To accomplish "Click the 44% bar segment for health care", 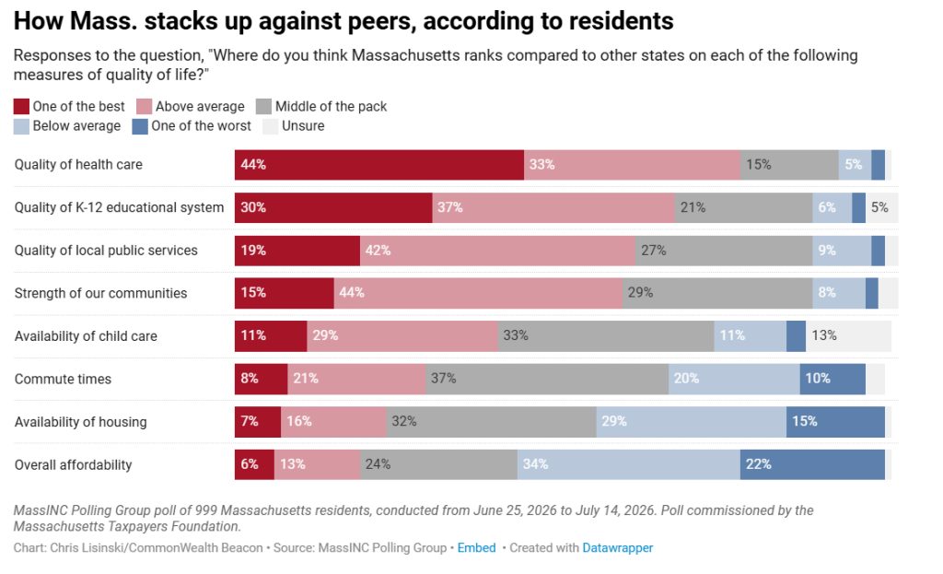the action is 378,165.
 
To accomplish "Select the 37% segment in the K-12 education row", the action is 553,207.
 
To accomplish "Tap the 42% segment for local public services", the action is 497,251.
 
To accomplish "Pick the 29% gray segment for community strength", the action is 717,293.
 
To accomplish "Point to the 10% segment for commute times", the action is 832,379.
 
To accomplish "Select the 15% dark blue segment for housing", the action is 835,422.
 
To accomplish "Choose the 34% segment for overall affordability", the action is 628,464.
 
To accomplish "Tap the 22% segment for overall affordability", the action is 812,464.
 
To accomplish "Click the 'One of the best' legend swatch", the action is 21,107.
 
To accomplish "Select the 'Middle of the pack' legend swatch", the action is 263,107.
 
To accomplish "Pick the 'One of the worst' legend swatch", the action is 140,126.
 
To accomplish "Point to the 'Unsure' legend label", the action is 303,125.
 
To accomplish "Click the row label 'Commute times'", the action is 64,379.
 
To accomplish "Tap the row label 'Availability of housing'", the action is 81,422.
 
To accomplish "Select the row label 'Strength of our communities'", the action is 101,293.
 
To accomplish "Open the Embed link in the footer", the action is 476,548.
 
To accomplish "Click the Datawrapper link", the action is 618,548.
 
